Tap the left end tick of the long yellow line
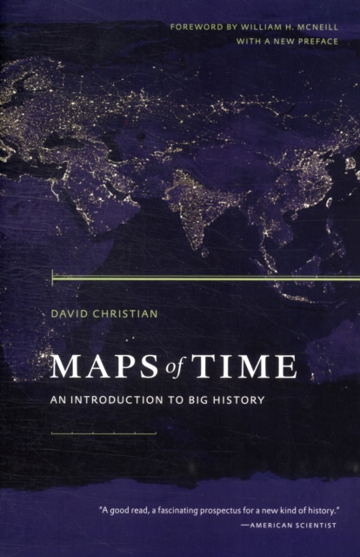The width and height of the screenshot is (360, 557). coord(53,278)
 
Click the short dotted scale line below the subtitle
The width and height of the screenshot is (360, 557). coord(103,433)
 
